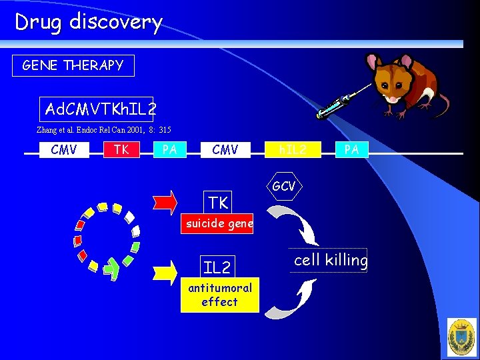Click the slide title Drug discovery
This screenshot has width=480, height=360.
click(89, 22)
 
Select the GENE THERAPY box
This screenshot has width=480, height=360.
click(73, 65)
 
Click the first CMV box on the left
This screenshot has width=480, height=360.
click(64, 150)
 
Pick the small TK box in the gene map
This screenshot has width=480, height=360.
click(121, 150)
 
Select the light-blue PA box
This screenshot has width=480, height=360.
click(169, 150)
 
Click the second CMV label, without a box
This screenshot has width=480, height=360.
click(225, 150)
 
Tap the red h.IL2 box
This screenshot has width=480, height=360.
click(292, 150)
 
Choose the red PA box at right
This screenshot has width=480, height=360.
click(351, 150)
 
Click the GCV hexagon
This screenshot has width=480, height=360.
click(283, 187)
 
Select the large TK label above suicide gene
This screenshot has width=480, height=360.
click(218, 202)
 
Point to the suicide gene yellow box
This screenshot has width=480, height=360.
click(219, 224)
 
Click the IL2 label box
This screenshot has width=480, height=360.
click(217, 268)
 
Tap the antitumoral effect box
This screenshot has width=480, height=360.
click(219, 295)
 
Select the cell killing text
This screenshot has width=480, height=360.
click(331, 260)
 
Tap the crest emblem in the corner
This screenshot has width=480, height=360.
click(461, 336)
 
